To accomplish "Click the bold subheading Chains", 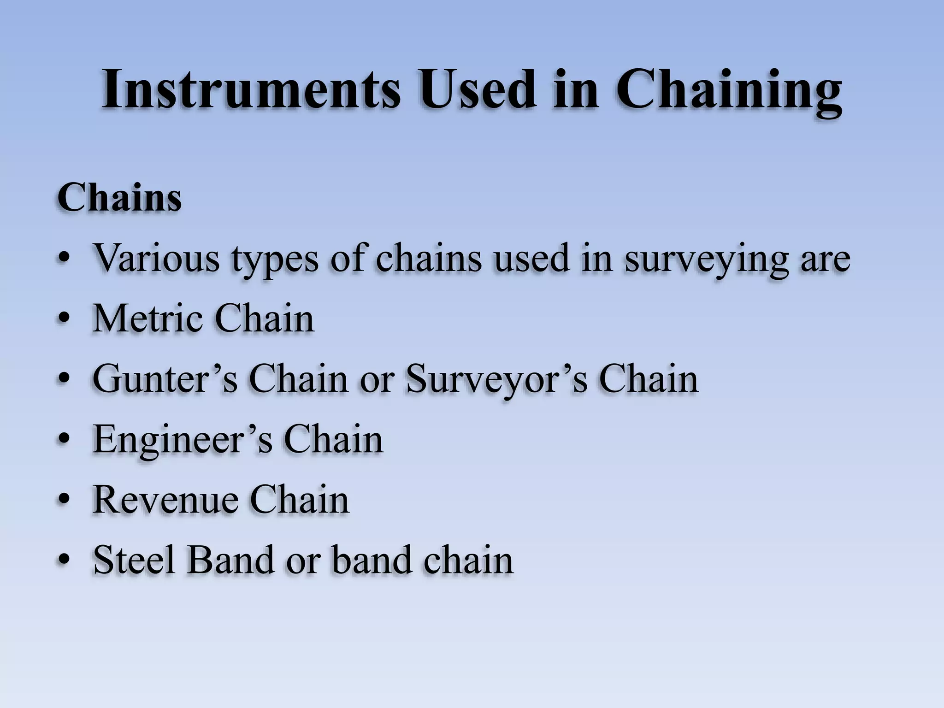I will click(119, 198).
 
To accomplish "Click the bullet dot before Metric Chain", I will click(65, 319).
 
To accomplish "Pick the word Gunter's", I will click(165, 379).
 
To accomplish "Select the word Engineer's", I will click(183, 440).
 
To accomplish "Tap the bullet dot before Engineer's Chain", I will click(65, 440).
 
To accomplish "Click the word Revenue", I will click(165, 500).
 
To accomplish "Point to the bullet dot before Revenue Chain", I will click(65, 500).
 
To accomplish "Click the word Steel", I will click(134, 560).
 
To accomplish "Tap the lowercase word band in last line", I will click(371, 560).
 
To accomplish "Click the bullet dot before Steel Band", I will click(65, 560).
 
